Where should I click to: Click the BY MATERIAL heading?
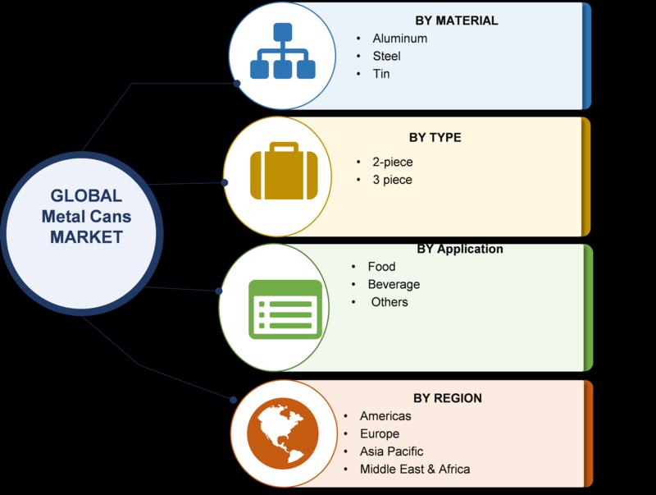tap(457, 21)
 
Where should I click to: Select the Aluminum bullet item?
tap(400, 39)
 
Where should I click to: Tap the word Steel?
tap(386, 56)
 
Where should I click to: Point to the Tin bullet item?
tap(381, 74)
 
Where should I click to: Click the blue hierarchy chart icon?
tap(283, 51)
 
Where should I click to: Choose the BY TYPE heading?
tap(435, 137)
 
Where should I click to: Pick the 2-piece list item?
tap(393, 162)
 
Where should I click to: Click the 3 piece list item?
tap(393, 180)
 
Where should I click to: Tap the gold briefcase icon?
tap(284, 172)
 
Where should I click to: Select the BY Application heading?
tap(460, 250)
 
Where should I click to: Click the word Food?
tap(381, 266)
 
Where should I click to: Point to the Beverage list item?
tap(394, 284)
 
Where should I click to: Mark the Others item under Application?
tap(389, 302)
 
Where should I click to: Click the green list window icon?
tap(285, 309)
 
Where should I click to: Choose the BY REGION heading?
tap(448, 398)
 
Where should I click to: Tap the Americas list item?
tap(385, 416)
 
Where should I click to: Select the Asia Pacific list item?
tap(391, 451)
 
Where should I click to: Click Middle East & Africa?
tap(415, 469)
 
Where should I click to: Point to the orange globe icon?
tap(282, 433)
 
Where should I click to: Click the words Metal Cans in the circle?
tap(86, 217)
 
